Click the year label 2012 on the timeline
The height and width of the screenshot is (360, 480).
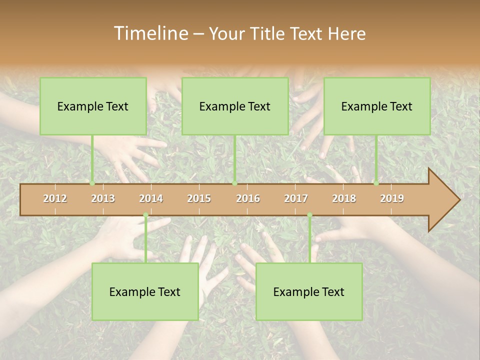[x=55, y=198]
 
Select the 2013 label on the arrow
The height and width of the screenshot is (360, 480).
[x=103, y=198]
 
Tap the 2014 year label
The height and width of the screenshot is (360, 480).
[x=151, y=198]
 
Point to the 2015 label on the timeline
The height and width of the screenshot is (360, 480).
[x=199, y=198]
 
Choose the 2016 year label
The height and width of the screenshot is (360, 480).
[x=248, y=198]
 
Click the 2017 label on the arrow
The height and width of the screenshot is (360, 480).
[x=296, y=198]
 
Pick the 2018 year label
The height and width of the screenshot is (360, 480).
[x=344, y=198]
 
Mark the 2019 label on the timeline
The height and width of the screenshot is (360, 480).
[x=392, y=198]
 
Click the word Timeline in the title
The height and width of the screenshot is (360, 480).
[x=150, y=33]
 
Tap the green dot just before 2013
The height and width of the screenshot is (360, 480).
[x=92, y=183]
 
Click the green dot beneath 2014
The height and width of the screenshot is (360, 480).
[x=145, y=215]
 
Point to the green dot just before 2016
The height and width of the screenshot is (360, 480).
[x=234, y=183]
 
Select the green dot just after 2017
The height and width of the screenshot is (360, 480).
[x=309, y=215]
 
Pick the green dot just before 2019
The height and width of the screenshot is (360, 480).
[x=376, y=183]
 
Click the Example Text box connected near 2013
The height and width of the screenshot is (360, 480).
[x=93, y=106]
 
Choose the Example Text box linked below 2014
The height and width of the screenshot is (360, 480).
[x=145, y=291]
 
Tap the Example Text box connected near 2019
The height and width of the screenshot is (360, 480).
[x=377, y=106]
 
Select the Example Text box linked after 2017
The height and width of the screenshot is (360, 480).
[x=309, y=291]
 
